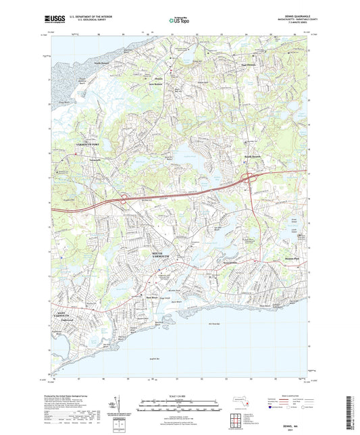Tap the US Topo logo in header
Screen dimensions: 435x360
pyautogui.click(x=178, y=20)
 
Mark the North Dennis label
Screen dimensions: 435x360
pyautogui.click(x=101, y=63)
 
